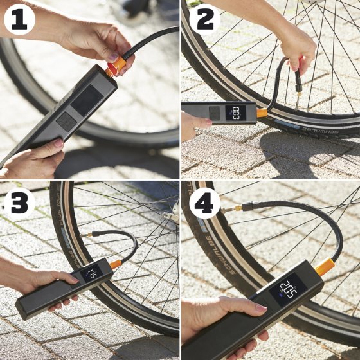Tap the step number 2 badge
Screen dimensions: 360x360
205,20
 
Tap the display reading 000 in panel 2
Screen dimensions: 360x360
239,113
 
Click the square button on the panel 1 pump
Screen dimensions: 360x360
66,120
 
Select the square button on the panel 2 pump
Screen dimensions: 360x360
215,113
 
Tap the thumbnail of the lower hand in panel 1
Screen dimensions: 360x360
58,143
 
